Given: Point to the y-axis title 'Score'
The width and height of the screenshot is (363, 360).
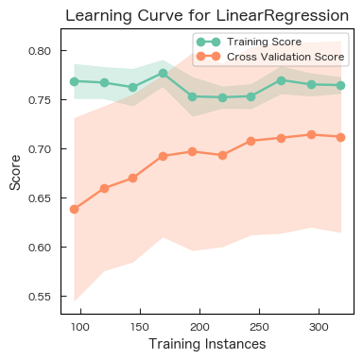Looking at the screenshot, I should click(15, 174).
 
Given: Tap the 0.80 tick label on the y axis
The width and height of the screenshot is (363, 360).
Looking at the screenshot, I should click(40, 51).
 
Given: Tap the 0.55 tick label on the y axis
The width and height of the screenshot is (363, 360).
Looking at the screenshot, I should click(40, 297).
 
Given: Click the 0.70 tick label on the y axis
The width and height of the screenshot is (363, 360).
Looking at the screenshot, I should click(40, 149).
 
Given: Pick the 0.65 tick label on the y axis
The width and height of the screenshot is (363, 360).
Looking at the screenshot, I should click(40, 198).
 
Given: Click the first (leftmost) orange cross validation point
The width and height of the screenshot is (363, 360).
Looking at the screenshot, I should click(75, 209).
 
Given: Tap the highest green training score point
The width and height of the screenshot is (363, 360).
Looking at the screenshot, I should click(164, 73).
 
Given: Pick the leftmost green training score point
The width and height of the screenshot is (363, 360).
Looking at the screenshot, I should click(75, 81).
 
